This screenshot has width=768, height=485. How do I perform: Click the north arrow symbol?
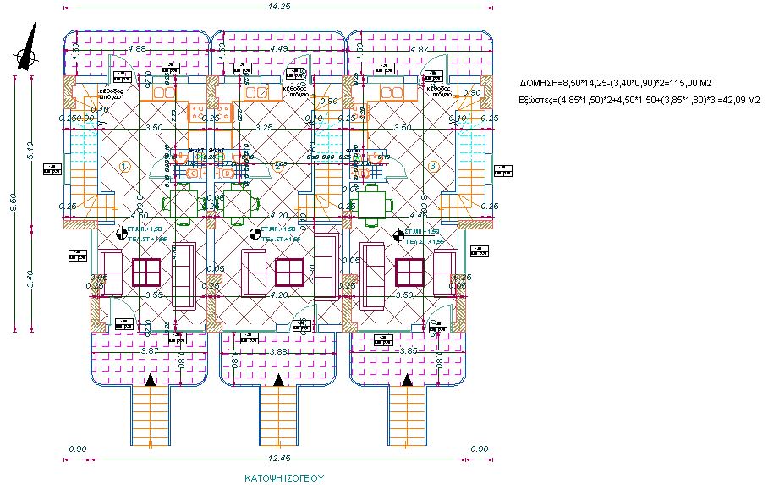28,47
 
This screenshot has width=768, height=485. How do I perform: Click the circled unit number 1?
124,166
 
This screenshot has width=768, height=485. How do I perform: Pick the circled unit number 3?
432,166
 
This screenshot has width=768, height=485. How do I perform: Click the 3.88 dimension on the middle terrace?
277,351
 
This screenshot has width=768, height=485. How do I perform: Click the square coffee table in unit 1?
147,272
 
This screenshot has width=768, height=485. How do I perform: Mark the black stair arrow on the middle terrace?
277,383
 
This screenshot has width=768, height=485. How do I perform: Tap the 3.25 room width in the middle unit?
263,127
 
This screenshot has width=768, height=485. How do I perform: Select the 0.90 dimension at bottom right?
479,449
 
